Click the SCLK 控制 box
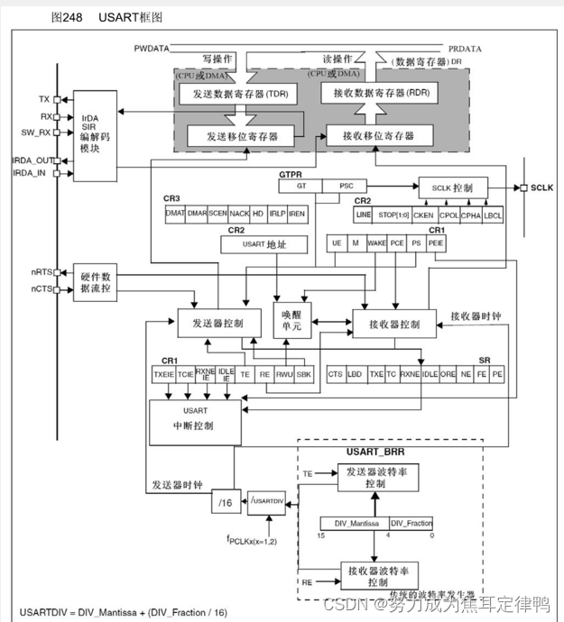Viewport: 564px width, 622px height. pyautogui.click(x=453, y=188)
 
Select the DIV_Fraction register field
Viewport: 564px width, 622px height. pyautogui.click(x=411, y=524)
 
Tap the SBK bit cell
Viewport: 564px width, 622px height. pyautogui.click(x=305, y=373)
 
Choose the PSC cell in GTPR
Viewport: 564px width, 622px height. pyautogui.click(x=347, y=186)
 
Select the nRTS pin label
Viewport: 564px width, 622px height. pyautogui.click(x=41, y=271)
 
